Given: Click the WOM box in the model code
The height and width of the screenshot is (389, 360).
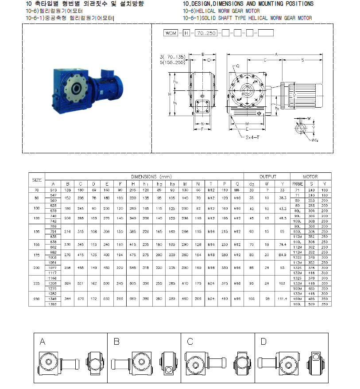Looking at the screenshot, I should click(x=170, y=33).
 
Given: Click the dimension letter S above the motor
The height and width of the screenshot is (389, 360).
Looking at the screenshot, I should click(x=302, y=59).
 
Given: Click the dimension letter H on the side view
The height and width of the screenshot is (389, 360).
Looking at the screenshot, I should click(x=170, y=94).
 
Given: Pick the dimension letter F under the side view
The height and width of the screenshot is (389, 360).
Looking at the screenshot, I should click(x=202, y=129).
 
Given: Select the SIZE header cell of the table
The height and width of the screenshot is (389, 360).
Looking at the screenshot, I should click(x=37, y=180).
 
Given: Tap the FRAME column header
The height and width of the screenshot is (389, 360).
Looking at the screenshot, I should click(x=297, y=183).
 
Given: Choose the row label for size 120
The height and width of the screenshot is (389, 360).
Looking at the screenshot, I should click(x=37, y=218).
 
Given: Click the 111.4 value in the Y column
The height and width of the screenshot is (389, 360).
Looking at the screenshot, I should click(x=281, y=299).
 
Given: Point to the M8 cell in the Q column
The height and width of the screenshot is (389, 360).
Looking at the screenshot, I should click(x=237, y=190).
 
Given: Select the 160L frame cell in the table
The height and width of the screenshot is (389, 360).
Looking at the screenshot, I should click(x=297, y=303).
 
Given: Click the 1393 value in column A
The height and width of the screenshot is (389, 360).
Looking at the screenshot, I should click(x=53, y=303).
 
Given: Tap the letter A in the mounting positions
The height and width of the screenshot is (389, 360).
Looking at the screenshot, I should click(x=43, y=341).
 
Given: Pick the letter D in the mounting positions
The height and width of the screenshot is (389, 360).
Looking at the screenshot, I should click(x=263, y=341).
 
